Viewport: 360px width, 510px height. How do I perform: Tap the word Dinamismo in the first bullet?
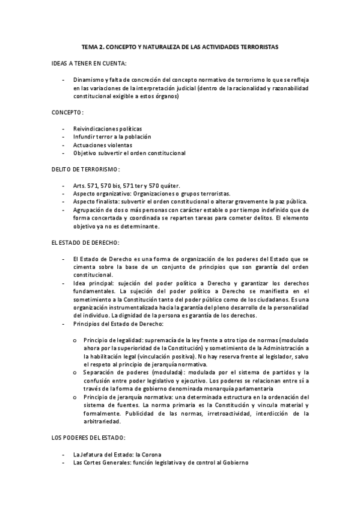tap(87, 79)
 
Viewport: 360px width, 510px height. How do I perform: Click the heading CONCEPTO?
tap(67, 112)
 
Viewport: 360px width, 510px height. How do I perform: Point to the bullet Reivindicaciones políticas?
tap(108, 129)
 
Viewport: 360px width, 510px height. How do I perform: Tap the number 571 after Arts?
tap(93, 186)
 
